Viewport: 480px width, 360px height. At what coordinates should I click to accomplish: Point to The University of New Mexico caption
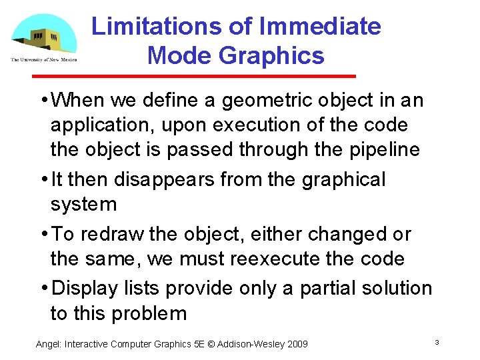click(44, 59)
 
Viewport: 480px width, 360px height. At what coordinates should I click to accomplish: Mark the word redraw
click(116, 234)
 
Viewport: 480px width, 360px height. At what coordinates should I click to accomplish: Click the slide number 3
click(436, 342)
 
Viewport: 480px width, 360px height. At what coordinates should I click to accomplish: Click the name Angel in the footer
click(49, 344)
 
